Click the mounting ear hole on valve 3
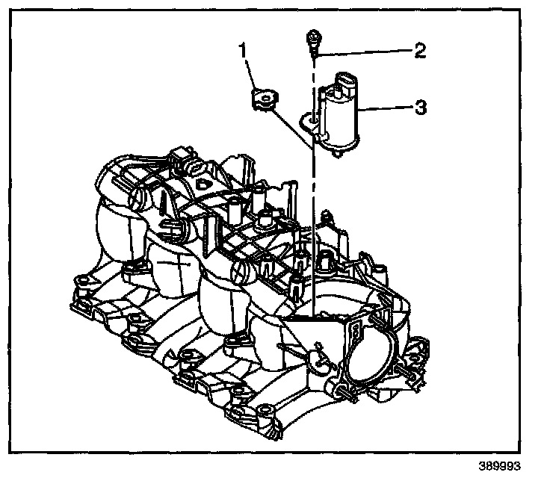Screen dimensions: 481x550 pos(307,117)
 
